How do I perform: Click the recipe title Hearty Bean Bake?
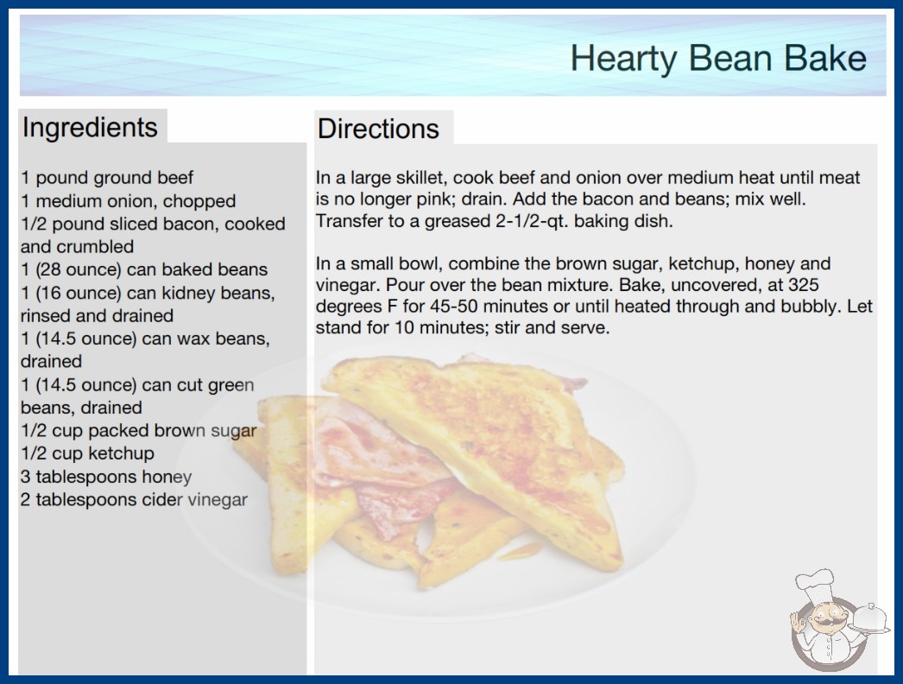tap(718, 59)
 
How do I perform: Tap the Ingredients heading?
tap(90, 128)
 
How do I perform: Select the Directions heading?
tap(378, 129)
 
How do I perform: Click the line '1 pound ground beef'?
tap(107, 178)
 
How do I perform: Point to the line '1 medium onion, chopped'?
tap(129, 201)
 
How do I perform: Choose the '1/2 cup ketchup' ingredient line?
tap(87, 453)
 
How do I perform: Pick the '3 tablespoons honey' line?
tap(106, 477)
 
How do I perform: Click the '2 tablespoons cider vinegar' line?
tap(134, 499)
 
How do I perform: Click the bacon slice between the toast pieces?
tap(380, 461)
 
